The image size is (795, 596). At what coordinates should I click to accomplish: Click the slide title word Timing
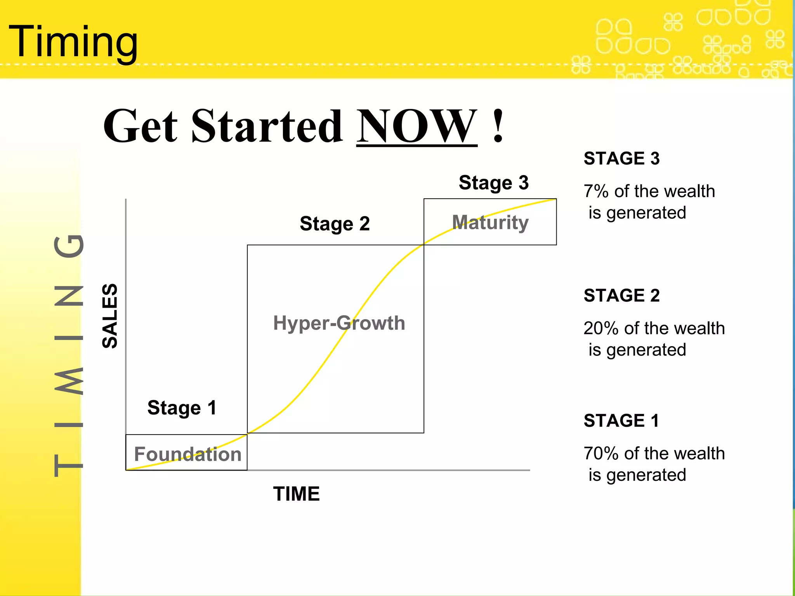point(73,42)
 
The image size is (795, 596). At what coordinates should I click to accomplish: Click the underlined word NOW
point(417,126)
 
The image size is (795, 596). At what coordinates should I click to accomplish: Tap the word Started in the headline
point(267,126)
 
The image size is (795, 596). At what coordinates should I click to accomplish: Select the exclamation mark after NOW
point(498,126)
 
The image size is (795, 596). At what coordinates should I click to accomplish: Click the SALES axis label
point(109,316)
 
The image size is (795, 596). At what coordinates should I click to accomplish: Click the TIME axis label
point(296,494)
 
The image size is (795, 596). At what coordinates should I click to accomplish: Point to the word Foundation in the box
point(187,454)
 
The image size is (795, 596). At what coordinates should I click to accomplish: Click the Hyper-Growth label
point(339,323)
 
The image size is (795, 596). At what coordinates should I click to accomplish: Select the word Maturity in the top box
point(490,222)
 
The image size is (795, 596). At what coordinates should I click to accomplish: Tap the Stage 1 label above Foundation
point(182,408)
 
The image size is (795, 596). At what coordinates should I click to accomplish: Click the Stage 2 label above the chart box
point(335,224)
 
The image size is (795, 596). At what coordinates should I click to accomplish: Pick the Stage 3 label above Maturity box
point(493,183)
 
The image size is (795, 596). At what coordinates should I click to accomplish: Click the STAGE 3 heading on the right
point(621,159)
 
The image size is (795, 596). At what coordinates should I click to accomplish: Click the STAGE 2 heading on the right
point(621,296)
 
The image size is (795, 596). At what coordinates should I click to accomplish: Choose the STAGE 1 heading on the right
point(621,421)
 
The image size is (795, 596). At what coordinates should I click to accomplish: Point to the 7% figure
point(596,191)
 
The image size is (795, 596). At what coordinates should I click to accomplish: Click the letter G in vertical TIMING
point(68,246)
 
